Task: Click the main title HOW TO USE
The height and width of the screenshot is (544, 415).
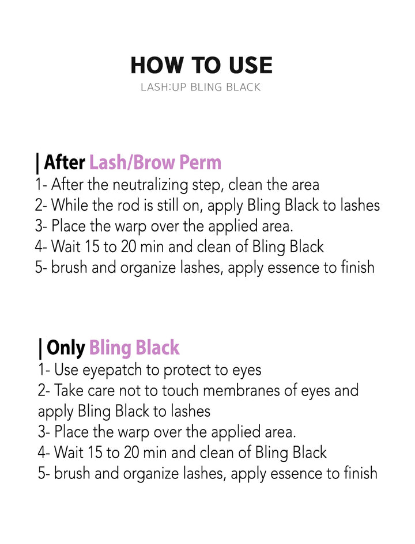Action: pyautogui.click(x=201, y=66)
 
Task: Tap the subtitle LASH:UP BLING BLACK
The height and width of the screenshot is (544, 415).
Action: pyautogui.click(x=201, y=88)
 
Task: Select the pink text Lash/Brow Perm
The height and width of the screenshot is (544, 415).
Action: pyautogui.click(x=155, y=162)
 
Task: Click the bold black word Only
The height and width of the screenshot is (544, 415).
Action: pyautogui.click(x=66, y=348)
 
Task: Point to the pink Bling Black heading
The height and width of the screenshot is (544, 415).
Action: pyautogui.click(x=134, y=348)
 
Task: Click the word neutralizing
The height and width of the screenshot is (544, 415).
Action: pyautogui.click(x=148, y=185)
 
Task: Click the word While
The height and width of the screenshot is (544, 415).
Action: pyautogui.click(x=69, y=206)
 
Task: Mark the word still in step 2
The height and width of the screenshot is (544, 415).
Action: pyautogui.click(x=170, y=206)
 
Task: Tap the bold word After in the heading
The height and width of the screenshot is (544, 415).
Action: pyautogui.click(x=65, y=162)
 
